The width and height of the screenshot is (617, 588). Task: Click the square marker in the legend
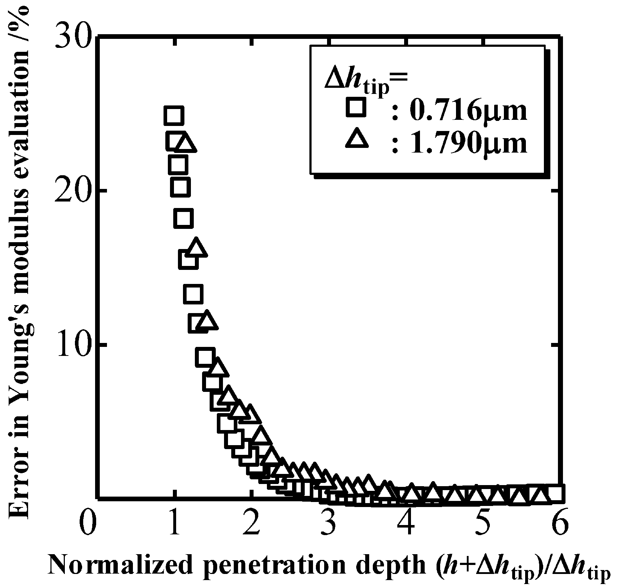click(x=356, y=107)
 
